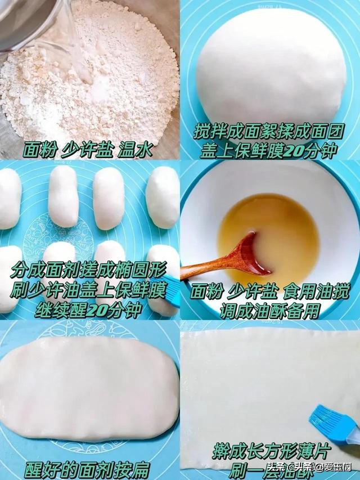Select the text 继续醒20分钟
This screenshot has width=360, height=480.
(90, 310)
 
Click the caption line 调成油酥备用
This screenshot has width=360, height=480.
(270, 311)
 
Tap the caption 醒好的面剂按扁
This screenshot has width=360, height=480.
(87, 469)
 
